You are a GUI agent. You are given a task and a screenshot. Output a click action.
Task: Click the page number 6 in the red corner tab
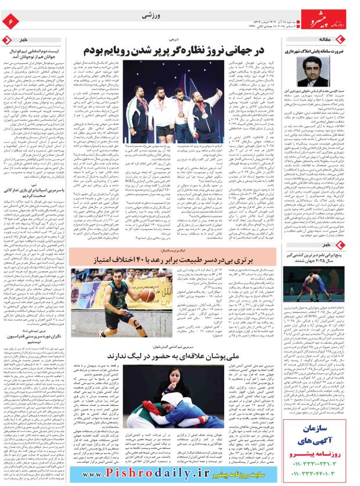pyautogui.click(x=10, y=21)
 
